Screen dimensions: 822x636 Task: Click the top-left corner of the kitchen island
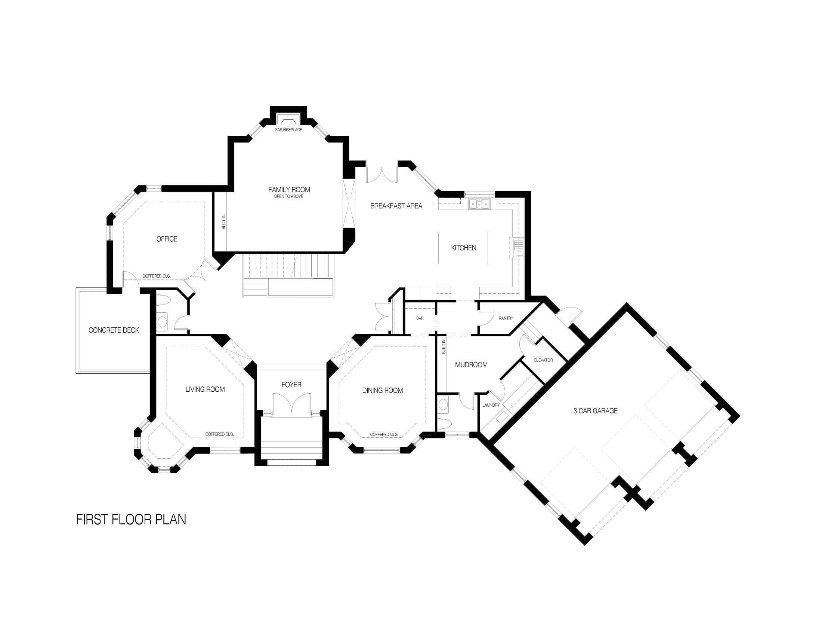[439, 233]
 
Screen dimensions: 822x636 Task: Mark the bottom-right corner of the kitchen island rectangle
[488, 264]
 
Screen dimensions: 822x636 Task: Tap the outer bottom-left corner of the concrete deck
[76, 373]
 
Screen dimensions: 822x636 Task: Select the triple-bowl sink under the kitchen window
[479, 204]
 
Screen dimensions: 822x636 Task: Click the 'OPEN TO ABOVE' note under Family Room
[288, 196]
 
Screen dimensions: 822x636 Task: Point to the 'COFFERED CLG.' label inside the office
[157, 276]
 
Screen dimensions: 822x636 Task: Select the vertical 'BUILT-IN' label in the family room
[223, 222]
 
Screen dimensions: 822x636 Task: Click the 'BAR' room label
[420, 318]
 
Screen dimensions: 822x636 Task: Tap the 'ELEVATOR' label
[544, 360]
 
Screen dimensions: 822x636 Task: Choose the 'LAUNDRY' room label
[491, 405]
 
